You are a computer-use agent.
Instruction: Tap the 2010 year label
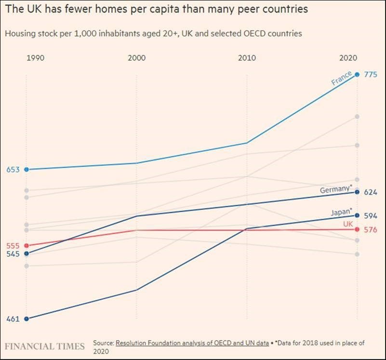pos(247,58)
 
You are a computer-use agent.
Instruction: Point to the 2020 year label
pos(347,58)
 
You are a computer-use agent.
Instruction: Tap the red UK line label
pos(348,224)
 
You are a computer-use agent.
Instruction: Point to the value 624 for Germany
pos(370,192)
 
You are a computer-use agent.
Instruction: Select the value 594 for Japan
pos(370,216)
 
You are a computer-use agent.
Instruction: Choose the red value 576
pos(370,230)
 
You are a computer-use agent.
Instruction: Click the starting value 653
pos(13,170)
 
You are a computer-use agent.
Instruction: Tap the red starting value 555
pos(13,246)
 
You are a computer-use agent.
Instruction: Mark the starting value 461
pos(13,319)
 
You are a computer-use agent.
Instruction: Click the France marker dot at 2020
pos(357,74)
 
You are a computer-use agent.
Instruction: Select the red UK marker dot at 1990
pos(27,246)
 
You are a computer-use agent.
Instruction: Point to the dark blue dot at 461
pos(27,319)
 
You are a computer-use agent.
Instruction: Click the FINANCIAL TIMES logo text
pos(45,346)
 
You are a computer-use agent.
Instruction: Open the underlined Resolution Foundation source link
pos(192,343)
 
